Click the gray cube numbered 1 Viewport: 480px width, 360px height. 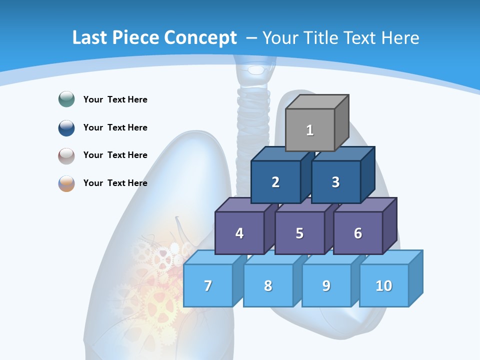[310, 130]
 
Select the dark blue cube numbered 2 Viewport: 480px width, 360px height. [275, 182]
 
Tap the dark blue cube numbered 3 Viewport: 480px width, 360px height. [335, 182]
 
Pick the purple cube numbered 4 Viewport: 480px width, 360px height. [239, 233]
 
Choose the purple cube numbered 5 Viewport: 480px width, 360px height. [299, 233]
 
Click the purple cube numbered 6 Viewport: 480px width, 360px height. [358, 233]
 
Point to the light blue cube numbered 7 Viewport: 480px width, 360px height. [208, 285]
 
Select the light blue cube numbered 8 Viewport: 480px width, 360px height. [268, 285]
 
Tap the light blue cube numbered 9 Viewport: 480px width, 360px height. [326, 285]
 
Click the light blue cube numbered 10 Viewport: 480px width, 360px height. [384, 285]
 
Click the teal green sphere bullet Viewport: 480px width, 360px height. [66, 99]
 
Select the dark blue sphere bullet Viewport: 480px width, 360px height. [66, 127]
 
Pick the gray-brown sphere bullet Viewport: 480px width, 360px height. [66, 155]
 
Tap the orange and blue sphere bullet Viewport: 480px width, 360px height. [66, 183]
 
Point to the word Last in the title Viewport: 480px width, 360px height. [89, 38]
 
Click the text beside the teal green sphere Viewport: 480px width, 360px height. [115, 99]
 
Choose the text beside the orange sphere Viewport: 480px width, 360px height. [115, 183]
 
